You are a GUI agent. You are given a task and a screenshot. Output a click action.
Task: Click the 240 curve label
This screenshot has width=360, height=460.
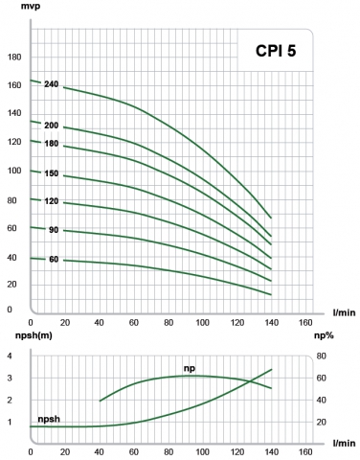coord(52,85)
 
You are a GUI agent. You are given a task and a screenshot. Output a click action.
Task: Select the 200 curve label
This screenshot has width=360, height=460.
coord(52,126)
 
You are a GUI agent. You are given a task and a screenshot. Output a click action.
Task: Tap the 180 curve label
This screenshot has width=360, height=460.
coord(52,144)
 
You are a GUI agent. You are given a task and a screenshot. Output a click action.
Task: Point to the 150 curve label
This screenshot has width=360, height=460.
coord(52,174)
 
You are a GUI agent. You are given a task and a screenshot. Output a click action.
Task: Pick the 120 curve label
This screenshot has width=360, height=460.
coord(52,202)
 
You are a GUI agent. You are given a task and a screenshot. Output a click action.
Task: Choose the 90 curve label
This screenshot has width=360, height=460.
coord(54,230)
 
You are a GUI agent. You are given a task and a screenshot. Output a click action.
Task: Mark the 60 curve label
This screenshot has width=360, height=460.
coord(54,260)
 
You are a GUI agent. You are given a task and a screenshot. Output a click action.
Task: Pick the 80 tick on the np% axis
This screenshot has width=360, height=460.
coord(322,356)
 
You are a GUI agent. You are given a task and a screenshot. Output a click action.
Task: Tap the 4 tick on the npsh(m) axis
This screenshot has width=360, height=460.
coord(9,356)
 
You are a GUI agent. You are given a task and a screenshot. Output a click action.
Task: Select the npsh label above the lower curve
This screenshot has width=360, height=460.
coord(50,420)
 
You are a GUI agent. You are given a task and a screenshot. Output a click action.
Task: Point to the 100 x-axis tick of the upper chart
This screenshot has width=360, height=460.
coord(198,320)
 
